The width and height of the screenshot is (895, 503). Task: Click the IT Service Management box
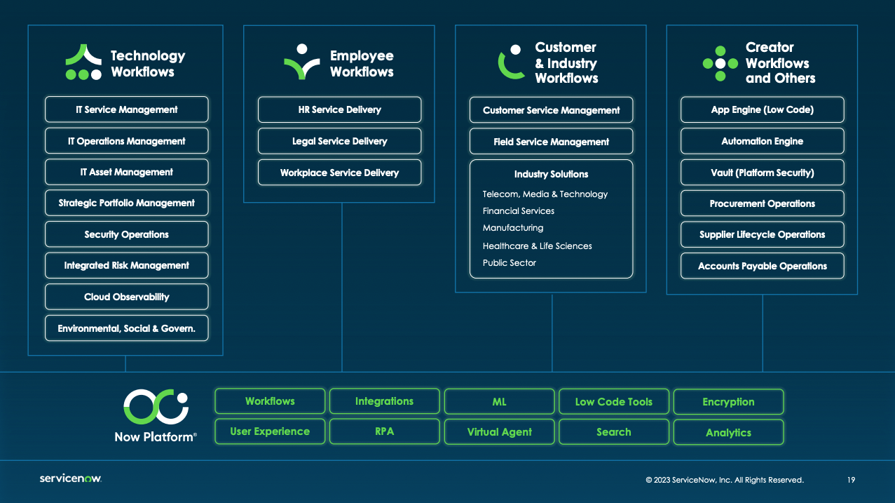click(x=126, y=109)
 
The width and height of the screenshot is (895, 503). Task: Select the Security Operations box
click(x=126, y=234)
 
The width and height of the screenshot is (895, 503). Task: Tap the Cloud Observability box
click(x=126, y=297)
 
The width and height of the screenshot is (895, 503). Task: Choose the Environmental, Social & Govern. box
click(x=126, y=328)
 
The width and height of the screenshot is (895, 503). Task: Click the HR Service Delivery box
click(x=339, y=109)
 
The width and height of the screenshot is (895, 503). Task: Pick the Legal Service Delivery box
click(x=339, y=141)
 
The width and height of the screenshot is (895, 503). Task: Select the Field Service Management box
click(x=551, y=142)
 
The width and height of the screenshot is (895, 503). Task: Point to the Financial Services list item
click(x=518, y=211)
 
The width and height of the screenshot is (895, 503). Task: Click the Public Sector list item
click(x=509, y=263)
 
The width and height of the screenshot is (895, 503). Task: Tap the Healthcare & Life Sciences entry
click(x=537, y=246)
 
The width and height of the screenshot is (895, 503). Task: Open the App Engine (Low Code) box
click(x=762, y=109)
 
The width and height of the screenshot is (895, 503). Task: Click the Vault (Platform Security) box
click(x=762, y=173)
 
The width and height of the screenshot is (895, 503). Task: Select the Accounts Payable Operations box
click(x=762, y=266)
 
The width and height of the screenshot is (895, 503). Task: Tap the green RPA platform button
click(x=384, y=431)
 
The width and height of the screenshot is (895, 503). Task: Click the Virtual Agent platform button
click(x=499, y=432)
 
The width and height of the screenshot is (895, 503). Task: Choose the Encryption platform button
click(x=728, y=402)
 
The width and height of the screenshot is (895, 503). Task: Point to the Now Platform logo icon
click(x=156, y=407)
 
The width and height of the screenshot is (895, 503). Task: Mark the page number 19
click(x=851, y=480)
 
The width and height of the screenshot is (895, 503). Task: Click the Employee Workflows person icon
click(x=301, y=62)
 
